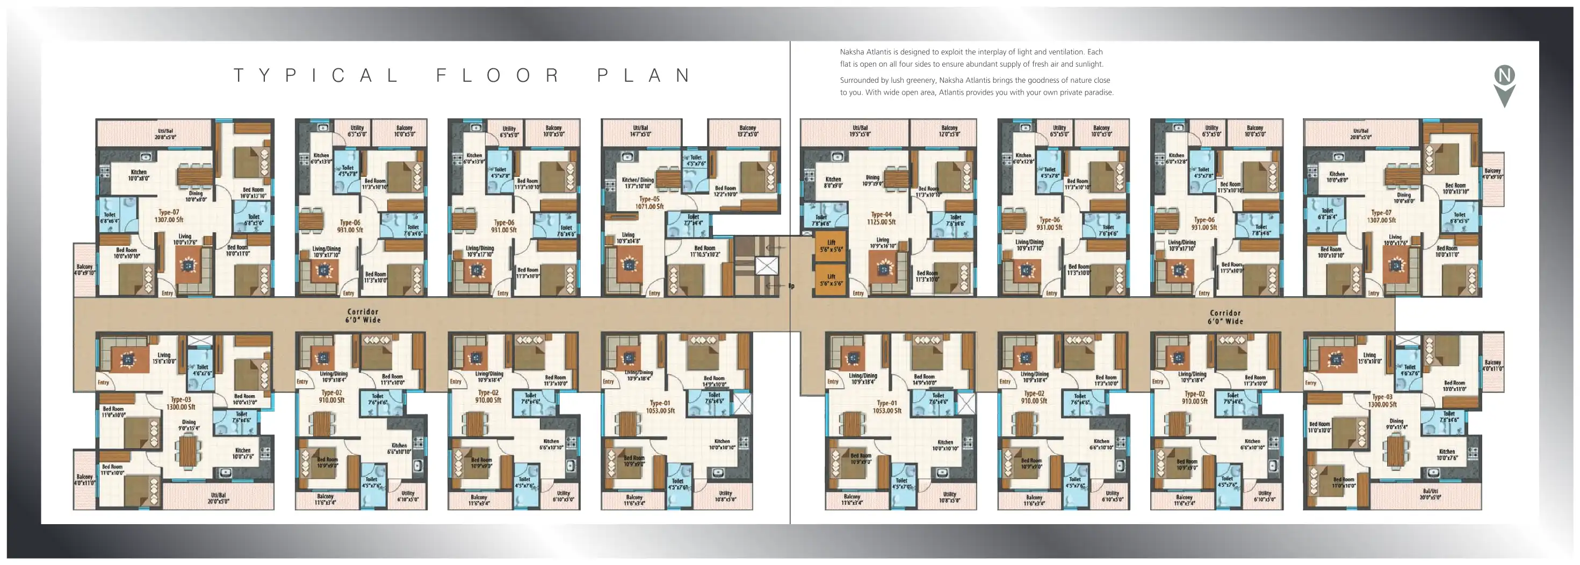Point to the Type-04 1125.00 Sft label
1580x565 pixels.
pyautogui.click(x=882, y=218)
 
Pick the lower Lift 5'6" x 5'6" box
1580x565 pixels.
pyautogui.click(x=831, y=280)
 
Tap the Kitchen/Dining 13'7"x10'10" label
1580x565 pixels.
pyautogui.click(x=637, y=183)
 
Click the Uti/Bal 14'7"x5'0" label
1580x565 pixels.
pyautogui.click(x=640, y=131)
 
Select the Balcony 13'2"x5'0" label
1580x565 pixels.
pyautogui.click(x=747, y=131)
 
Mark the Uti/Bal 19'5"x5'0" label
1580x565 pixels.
pyautogui.click(x=860, y=131)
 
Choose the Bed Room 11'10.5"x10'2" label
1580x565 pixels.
pyautogui.click(x=705, y=251)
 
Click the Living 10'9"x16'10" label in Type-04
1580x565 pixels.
pyautogui.click(x=883, y=243)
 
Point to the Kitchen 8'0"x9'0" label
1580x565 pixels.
pyautogui.click(x=833, y=182)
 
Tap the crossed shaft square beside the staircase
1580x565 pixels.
pyautogui.click(x=767, y=266)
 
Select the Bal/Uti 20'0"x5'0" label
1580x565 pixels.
pyautogui.click(x=1430, y=494)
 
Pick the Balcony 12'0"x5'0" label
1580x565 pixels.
pyautogui.click(x=949, y=131)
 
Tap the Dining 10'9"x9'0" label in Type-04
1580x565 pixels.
pyautogui.click(x=872, y=180)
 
